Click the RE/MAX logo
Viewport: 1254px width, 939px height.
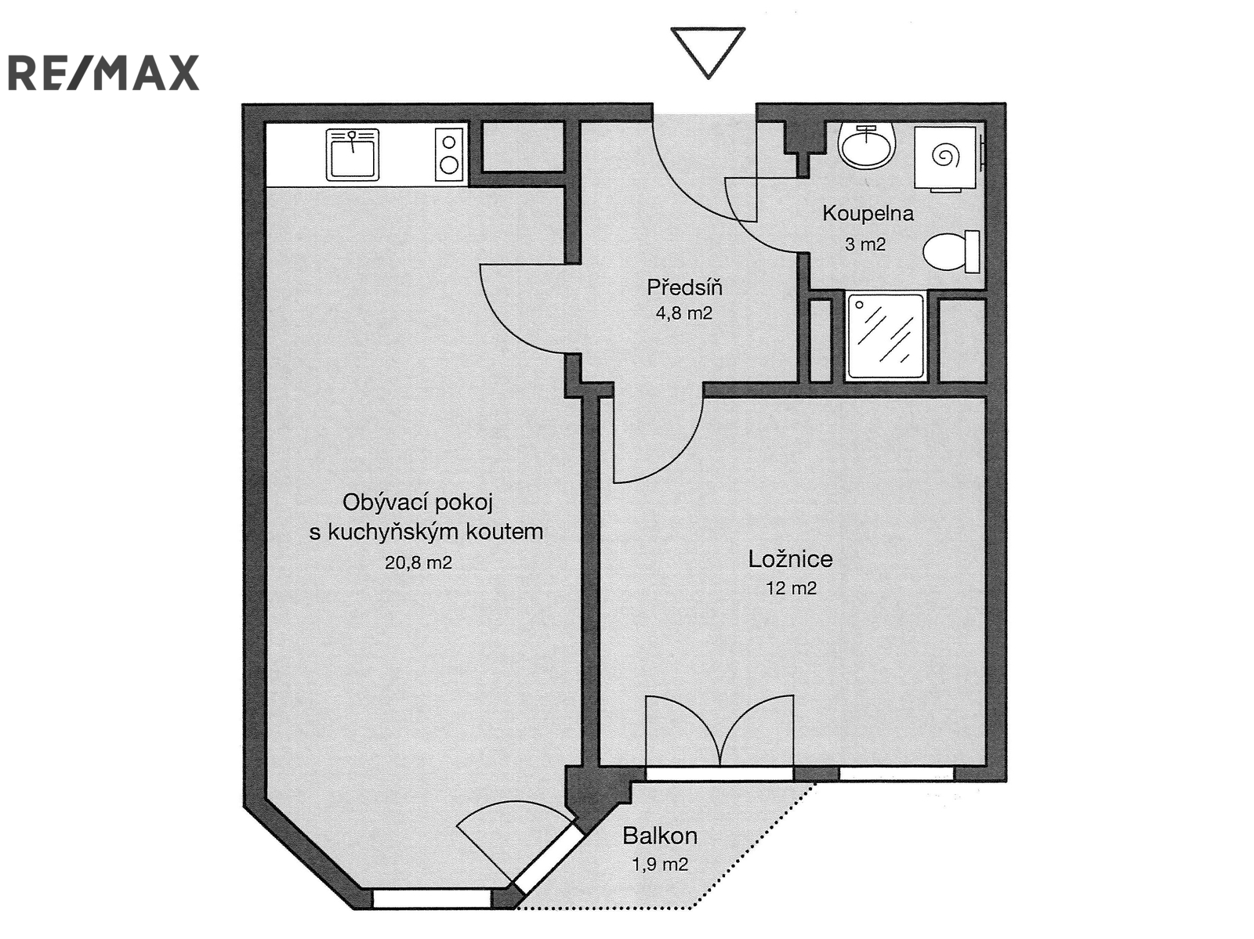click(x=103, y=73)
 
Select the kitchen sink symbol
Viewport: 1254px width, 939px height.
click(x=353, y=155)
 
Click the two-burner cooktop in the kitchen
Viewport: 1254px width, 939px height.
click(x=449, y=155)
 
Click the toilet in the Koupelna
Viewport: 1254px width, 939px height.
click(x=951, y=251)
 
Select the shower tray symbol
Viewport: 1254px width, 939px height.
click(x=886, y=336)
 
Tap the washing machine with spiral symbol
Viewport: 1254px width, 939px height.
click(x=948, y=157)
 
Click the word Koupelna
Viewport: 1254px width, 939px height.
click(x=868, y=214)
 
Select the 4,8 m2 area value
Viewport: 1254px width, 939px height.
click(x=684, y=313)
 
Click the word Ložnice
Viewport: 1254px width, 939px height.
click(x=790, y=559)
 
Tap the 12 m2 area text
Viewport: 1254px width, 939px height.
click(x=791, y=588)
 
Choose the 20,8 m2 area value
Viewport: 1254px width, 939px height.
click(x=419, y=563)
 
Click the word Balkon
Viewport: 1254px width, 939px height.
click(x=660, y=836)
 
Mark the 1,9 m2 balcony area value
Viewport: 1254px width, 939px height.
click(x=660, y=865)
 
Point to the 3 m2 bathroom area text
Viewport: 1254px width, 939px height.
click(x=865, y=244)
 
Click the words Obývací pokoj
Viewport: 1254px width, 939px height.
click(x=418, y=503)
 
